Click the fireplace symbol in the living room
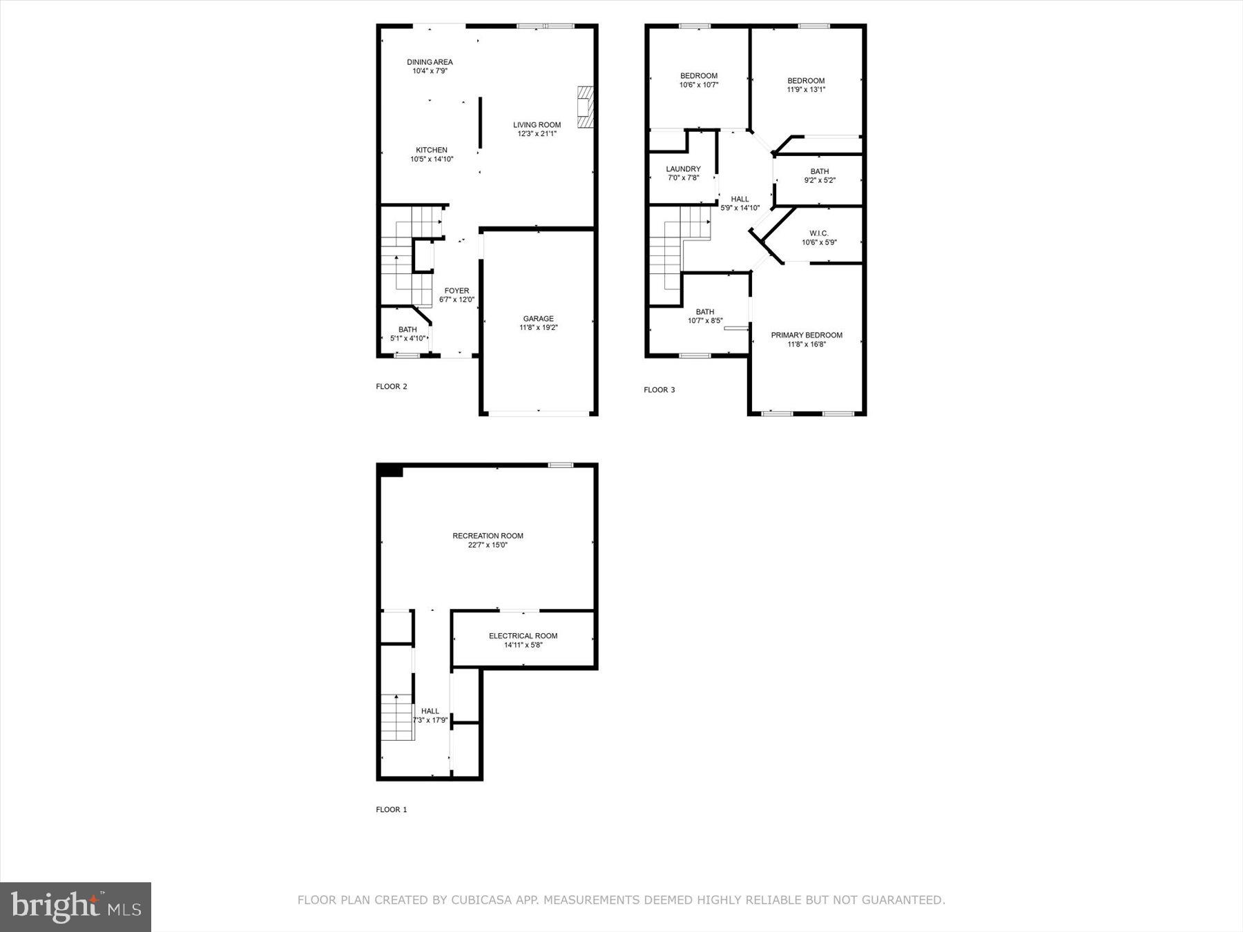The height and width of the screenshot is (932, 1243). [x=586, y=107]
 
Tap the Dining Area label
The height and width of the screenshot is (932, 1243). [x=430, y=62]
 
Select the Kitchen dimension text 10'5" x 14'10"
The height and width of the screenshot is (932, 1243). [x=432, y=159]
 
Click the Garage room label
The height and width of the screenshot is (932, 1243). [x=538, y=319]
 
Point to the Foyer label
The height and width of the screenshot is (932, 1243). [x=456, y=291]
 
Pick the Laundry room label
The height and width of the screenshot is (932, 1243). [x=683, y=169]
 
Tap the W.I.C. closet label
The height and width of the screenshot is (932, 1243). [x=819, y=233]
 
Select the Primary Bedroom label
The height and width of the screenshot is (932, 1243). [x=807, y=336]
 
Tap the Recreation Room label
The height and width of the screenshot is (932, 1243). [x=488, y=536]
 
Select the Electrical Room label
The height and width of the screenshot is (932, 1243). [x=523, y=636]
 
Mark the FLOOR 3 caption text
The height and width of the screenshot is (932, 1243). [x=659, y=390]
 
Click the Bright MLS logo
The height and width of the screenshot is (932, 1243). [x=75, y=906]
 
